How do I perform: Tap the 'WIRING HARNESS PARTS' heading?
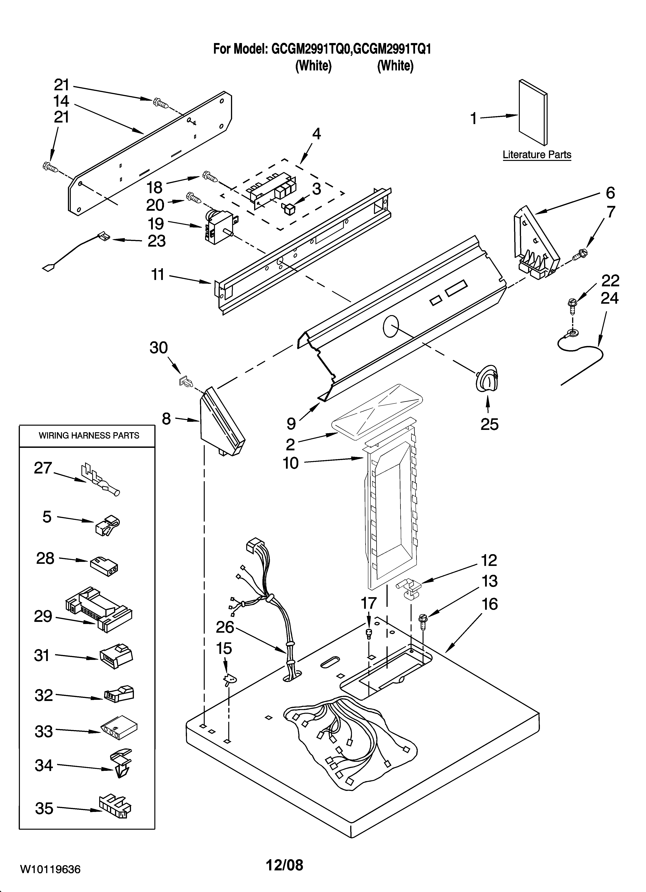click(x=89, y=435)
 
